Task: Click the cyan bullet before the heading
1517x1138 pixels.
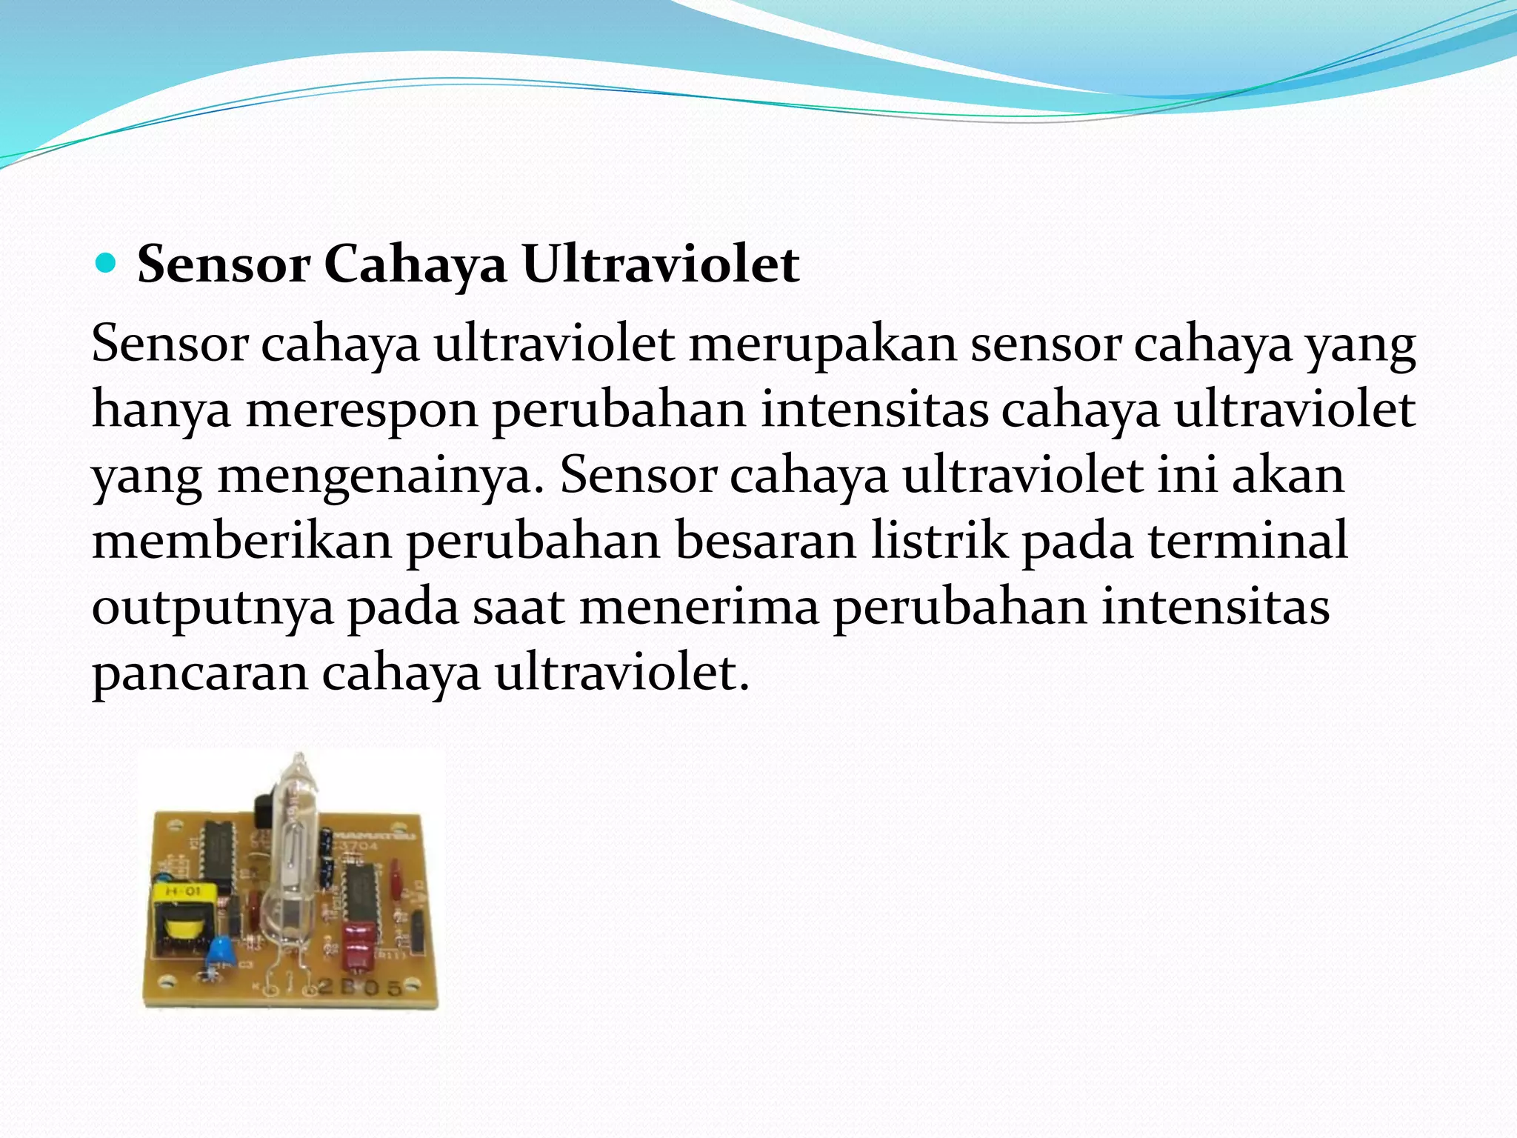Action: [107, 264]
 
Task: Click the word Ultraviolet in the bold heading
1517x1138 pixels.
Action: [661, 264]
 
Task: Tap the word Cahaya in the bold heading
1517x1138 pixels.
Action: [415, 265]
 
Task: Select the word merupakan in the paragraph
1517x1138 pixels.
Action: [822, 345]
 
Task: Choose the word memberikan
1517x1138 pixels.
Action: [241, 541]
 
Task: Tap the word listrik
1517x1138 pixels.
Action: [938, 541]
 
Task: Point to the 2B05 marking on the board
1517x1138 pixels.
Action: [361, 988]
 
